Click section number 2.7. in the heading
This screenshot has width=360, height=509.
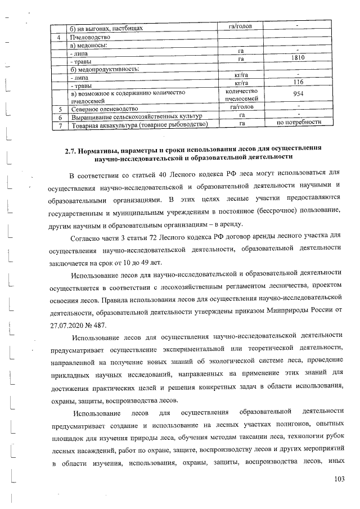coord(72,148)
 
